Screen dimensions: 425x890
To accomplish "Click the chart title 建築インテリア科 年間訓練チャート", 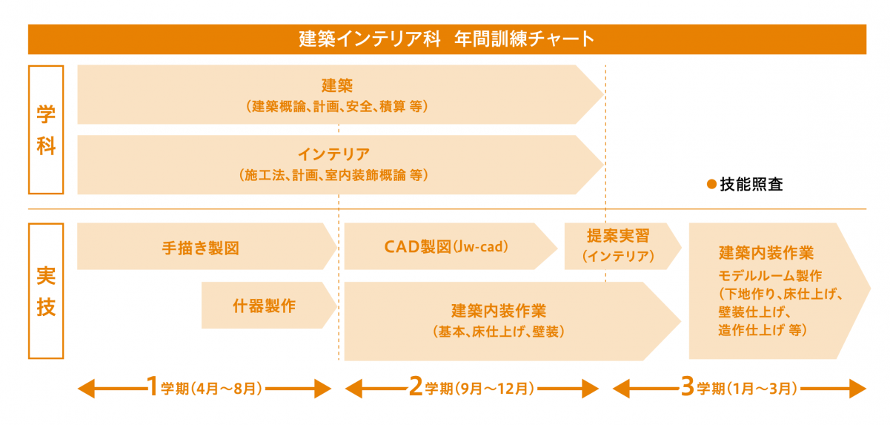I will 446,39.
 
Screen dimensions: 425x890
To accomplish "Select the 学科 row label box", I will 46,129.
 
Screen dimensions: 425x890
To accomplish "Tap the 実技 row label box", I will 46,290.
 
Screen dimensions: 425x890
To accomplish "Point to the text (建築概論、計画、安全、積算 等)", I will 339,106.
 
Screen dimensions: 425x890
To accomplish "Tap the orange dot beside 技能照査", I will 710,185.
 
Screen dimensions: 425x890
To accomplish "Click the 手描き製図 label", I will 201,246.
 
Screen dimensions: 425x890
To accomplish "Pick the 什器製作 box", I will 264,305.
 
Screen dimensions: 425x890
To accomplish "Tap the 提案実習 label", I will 617,237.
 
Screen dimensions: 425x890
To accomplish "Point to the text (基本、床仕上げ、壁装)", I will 498,331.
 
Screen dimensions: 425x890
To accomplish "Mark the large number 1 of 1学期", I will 151,386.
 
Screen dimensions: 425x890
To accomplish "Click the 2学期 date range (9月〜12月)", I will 494,388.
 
